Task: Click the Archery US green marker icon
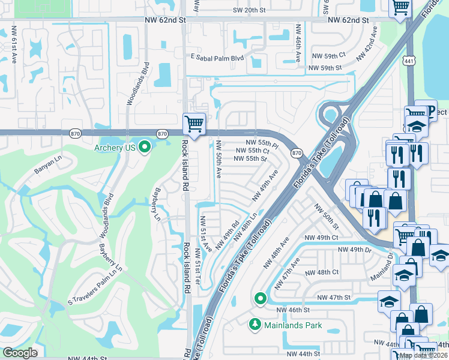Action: tap(144, 146)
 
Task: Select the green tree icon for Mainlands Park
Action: tap(254, 325)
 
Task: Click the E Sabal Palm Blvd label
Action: tap(217, 58)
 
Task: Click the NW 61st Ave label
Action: tap(13, 46)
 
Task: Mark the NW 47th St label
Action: tap(333, 298)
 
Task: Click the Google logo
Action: tap(20, 353)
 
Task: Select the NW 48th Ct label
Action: tap(322, 272)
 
